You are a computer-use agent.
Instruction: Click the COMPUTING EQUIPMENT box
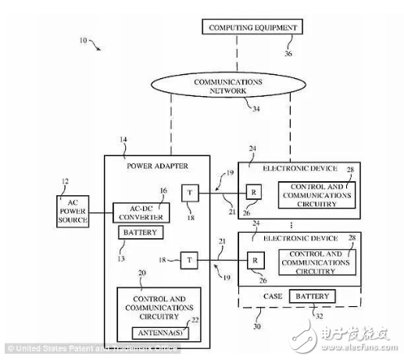coord(252,28)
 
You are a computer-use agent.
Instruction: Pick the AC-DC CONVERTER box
coord(141,212)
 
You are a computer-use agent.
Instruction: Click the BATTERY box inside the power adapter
coord(140,232)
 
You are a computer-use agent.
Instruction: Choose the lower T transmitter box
coord(189,258)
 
